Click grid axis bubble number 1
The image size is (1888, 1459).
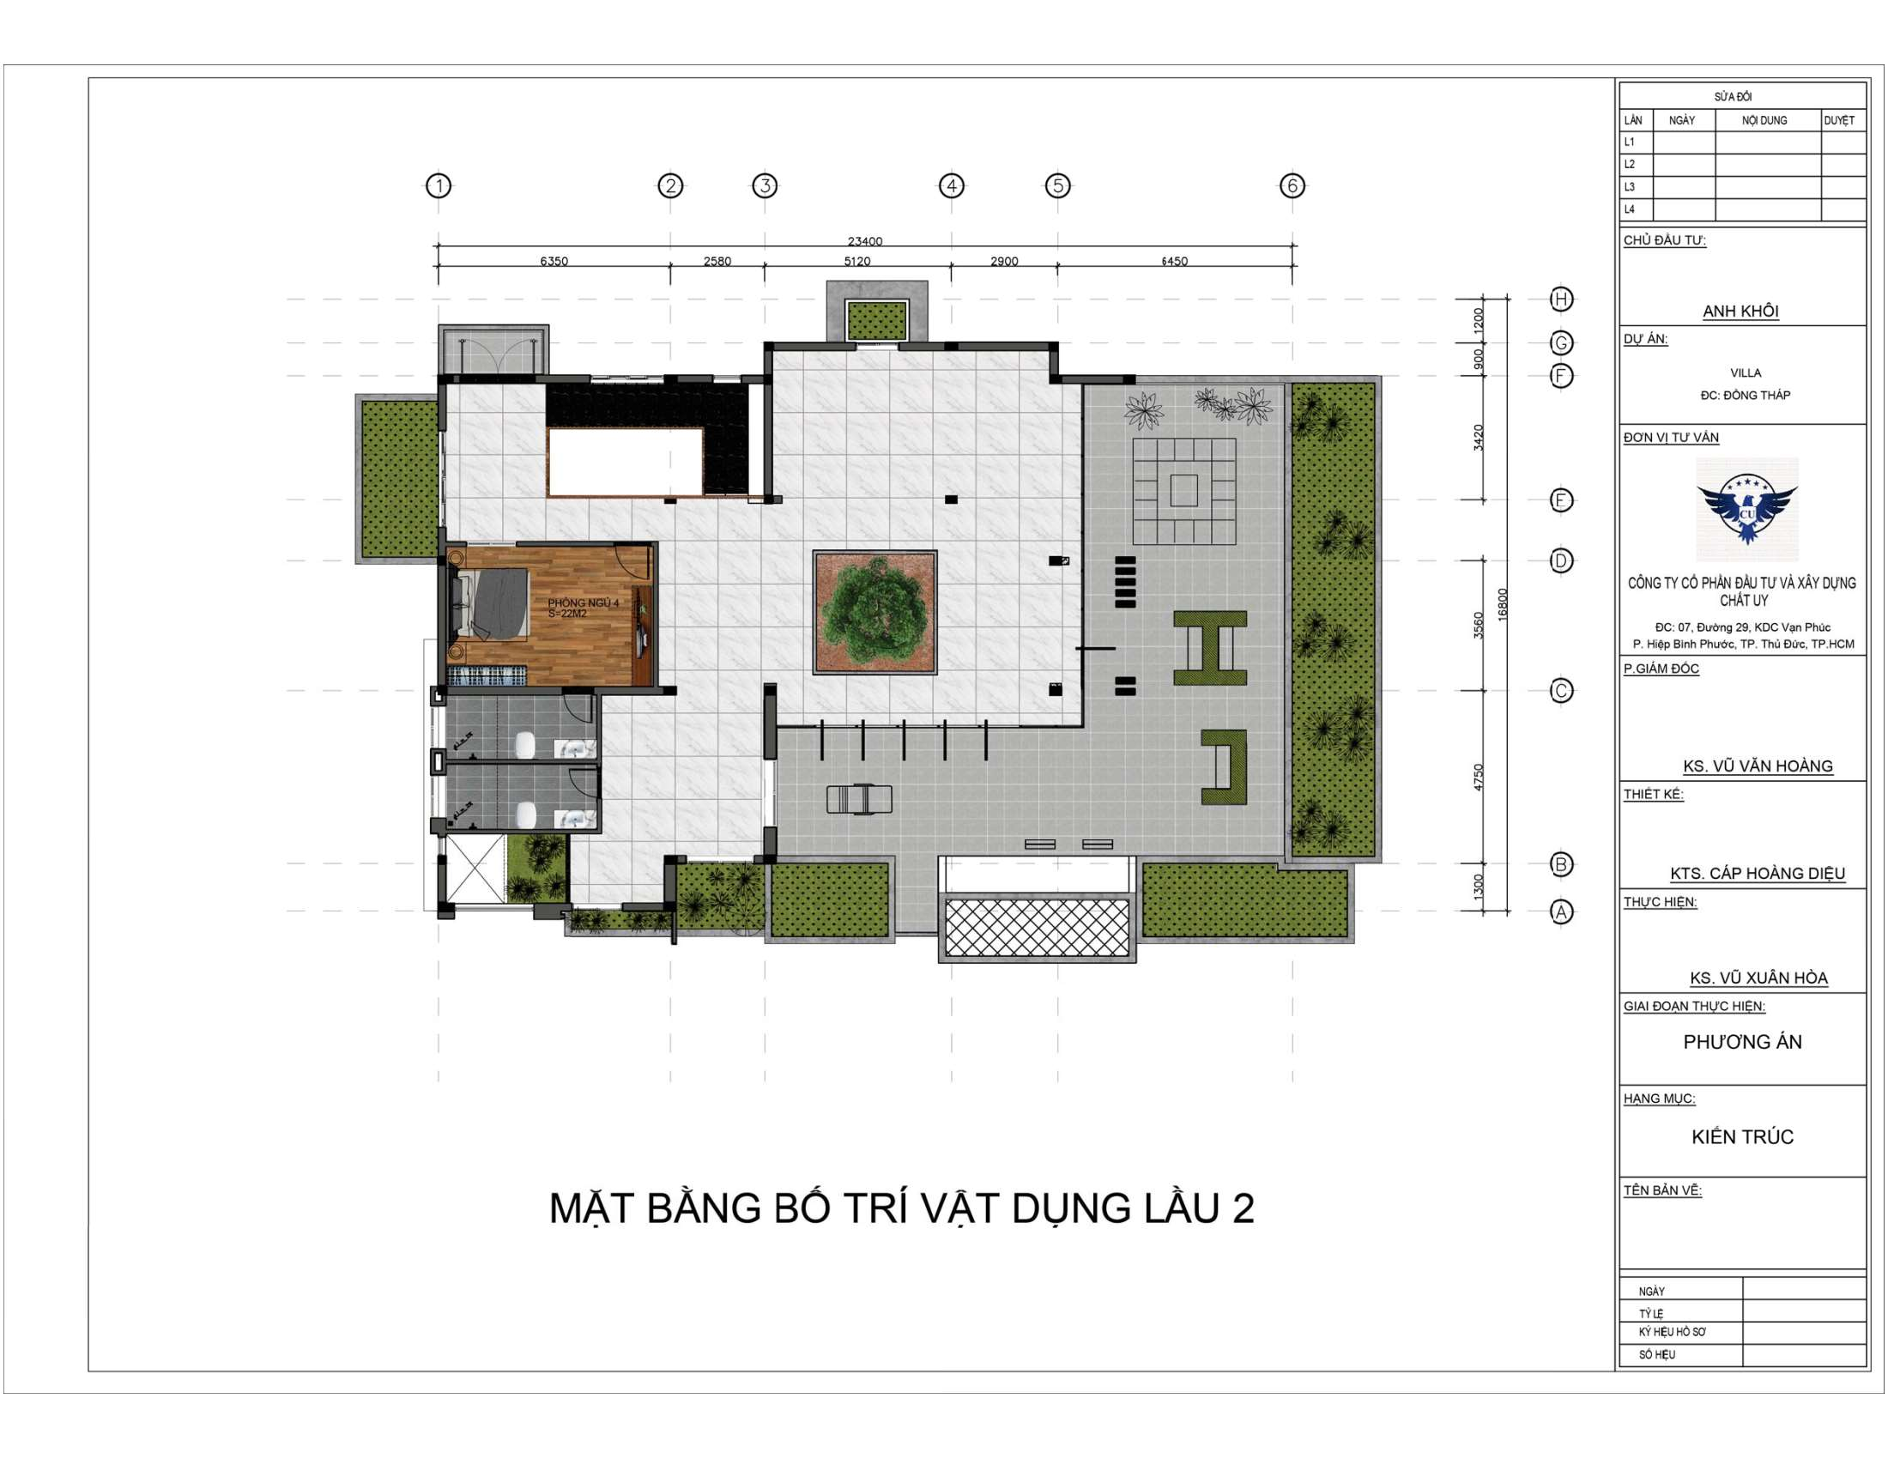pos(439,186)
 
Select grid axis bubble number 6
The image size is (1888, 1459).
pos(1292,186)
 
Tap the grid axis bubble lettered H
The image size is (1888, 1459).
pos(1561,299)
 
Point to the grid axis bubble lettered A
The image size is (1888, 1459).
pos(1561,911)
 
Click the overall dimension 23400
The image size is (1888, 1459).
pos(864,241)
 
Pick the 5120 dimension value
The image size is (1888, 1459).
pos(856,261)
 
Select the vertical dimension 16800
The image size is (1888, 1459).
pos(1503,604)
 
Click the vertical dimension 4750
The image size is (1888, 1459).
pos(1479,777)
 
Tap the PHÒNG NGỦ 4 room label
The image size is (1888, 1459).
pos(584,602)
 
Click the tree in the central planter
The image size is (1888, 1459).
pos(874,612)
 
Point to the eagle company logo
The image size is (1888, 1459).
pos(1746,511)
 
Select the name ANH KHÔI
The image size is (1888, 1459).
pos(1740,312)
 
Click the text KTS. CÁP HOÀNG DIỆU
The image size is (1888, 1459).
pos(1758,873)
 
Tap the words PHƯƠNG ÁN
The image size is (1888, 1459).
pos(1742,1042)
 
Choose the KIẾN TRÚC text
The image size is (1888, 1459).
pos(1742,1136)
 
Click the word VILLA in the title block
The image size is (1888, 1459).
pos(1746,373)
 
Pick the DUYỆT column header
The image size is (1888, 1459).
pos(1839,120)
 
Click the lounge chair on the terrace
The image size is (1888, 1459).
pos(859,799)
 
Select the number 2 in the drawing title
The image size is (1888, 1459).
pos(1244,1208)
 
